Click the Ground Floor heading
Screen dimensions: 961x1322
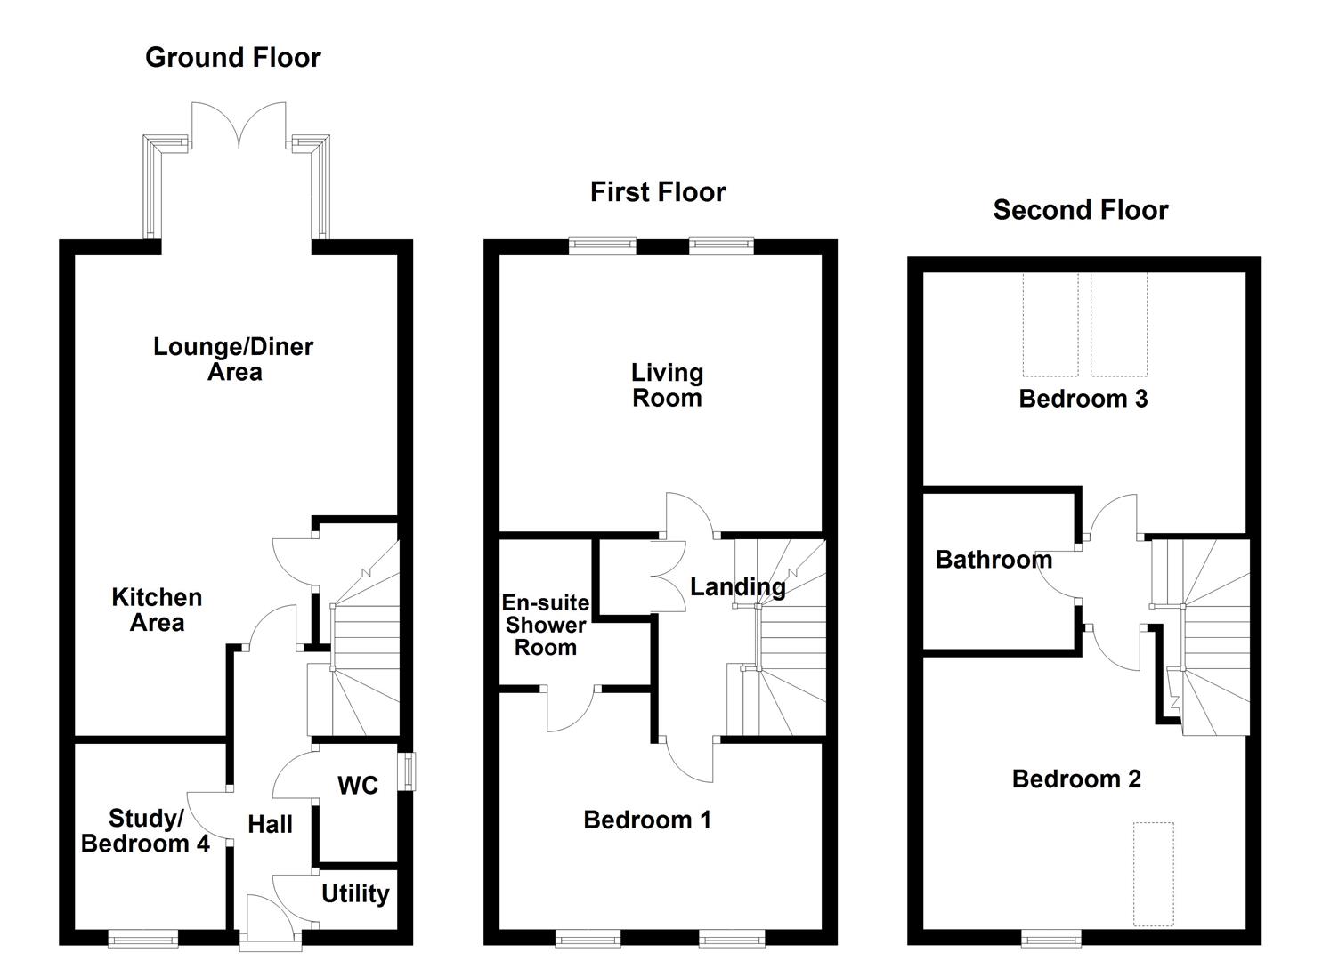pos(232,58)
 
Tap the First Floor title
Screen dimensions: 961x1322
pos(658,192)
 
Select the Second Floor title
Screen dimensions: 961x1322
pos(1080,210)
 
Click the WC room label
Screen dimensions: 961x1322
pos(358,786)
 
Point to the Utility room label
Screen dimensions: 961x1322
pos(355,893)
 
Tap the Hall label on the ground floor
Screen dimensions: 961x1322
pos(270,825)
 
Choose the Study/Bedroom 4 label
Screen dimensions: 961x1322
pos(145,830)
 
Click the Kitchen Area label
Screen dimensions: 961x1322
pos(157,610)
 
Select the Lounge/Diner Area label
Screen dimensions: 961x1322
pos(233,359)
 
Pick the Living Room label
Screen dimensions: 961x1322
pos(667,385)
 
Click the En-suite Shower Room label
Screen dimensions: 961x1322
pos(546,625)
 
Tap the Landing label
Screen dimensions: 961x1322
pos(738,587)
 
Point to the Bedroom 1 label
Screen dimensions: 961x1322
pos(647,820)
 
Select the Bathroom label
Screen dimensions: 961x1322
pos(994,560)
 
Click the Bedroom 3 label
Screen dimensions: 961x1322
pos(1083,399)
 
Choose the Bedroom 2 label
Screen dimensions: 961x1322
pos(1076,779)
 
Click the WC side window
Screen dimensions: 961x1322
pos(407,771)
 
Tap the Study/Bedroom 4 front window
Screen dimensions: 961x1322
pos(142,937)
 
